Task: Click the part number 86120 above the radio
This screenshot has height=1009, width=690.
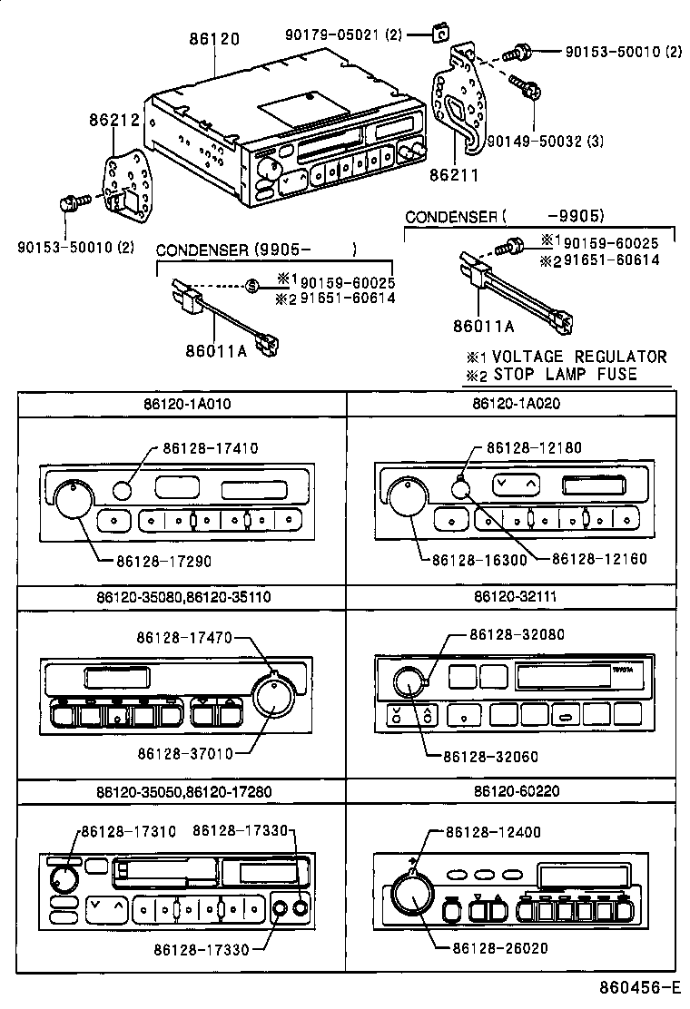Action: (215, 39)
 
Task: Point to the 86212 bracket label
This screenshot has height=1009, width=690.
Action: (113, 119)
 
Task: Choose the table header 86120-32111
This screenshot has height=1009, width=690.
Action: (516, 596)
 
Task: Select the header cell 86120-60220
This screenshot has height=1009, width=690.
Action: (516, 790)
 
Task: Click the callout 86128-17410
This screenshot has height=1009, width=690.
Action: (211, 447)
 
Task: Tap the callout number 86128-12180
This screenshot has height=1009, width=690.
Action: (534, 447)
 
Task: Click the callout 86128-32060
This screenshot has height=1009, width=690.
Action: (491, 755)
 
